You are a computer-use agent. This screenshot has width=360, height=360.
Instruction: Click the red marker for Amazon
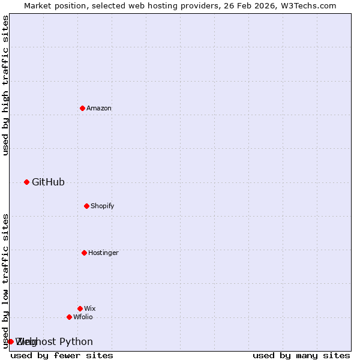[x=82, y=108]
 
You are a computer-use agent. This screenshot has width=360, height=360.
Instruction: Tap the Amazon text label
[x=99, y=109]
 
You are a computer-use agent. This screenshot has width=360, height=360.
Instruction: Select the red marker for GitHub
[x=26, y=182]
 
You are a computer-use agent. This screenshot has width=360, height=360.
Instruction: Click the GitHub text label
[x=48, y=182]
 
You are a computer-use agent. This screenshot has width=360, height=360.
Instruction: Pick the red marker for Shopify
[x=86, y=206]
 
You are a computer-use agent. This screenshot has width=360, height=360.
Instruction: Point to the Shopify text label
[x=103, y=206]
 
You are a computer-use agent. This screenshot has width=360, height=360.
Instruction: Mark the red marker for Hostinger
[x=84, y=253]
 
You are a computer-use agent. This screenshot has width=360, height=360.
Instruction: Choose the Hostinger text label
[x=103, y=253]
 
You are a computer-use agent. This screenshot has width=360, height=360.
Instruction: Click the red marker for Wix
[x=80, y=308]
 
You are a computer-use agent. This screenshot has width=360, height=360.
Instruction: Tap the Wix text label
[x=90, y=309]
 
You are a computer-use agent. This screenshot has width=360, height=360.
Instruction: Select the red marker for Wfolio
[x=69, y=317]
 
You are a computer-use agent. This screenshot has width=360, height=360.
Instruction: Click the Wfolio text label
[x=83, y=317]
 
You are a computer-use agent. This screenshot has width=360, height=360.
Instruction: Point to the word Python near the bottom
[x=76, y=342]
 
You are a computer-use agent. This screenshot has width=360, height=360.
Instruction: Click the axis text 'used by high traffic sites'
[x=6, y=85]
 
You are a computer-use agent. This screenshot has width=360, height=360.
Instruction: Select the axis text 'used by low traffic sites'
[x=6, y=281]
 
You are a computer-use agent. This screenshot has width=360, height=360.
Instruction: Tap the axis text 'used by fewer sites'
[x=62, y=355]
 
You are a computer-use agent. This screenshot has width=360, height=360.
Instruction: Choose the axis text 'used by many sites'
[x=301, y=355]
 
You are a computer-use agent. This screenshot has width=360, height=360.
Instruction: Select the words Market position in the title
[x=51, y=5]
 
